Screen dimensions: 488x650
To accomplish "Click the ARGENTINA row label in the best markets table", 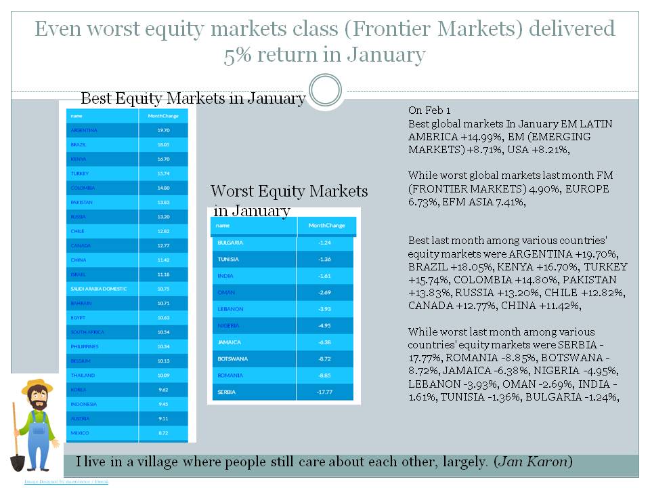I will click(x=84, y=130).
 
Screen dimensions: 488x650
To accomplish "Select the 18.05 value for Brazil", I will click(x=163, y=144).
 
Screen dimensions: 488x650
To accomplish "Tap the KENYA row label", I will click(x=79, y=159).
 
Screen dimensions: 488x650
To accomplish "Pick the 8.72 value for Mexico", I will click(x=163, y=432).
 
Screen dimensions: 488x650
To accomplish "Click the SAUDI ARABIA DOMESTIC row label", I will click(x=98, y=289).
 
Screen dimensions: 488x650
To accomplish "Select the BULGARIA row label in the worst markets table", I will click(x=230, y=243).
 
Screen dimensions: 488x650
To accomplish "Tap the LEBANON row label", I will click(x=230, y=309).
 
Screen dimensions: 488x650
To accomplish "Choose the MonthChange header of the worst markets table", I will click(x=326, y=226).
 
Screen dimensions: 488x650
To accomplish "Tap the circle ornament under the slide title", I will click(x=325, y=90).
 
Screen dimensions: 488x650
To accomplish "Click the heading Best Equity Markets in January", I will click(x=193, y=98).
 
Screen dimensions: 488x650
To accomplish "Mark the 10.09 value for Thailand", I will click(x=163, y=375).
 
